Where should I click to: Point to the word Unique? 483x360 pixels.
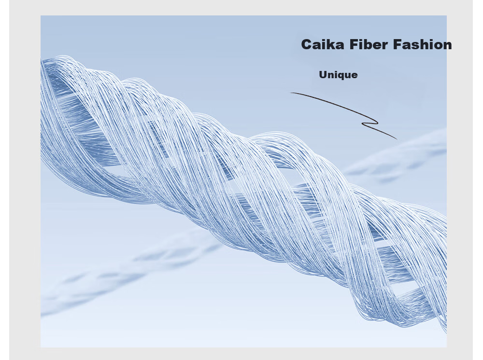(x=338, y=75)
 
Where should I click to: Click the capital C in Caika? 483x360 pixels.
(x=307, y=44)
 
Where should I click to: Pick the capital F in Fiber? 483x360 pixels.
(x=354, y=44)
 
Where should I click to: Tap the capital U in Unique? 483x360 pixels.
(x=323, y=75)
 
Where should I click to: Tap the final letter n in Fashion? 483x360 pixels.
(x=448, y=46)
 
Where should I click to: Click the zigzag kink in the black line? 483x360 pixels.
(x=370, y=122)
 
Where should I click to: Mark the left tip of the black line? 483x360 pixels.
(x=290, y=92)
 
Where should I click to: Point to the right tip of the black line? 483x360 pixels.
(x=397, y=139)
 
